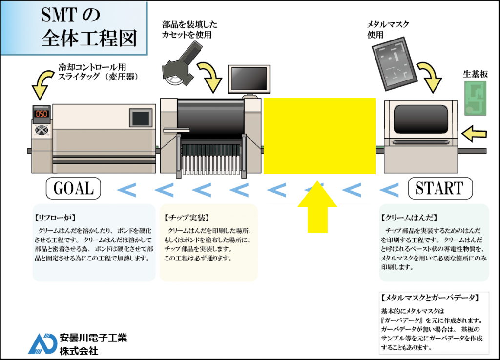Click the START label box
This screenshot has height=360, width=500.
pyautogui.click(x=440, y=188)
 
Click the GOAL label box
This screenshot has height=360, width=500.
pyautogui.click(x=73, y=188)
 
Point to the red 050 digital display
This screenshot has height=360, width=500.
pyautogui.click(x=42, y=114)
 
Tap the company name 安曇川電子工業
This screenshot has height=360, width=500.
pyautogui.click(x=93, y=338)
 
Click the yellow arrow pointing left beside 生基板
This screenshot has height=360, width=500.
pyautogui.click(x=475, y=131)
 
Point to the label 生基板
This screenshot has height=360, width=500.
pyautogui.click(x=476, y=75)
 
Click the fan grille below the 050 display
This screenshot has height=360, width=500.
pyautogui.click(x=42, y=130)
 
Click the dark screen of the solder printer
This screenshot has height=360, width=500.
pyautogui.click(x=420, y=119)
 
